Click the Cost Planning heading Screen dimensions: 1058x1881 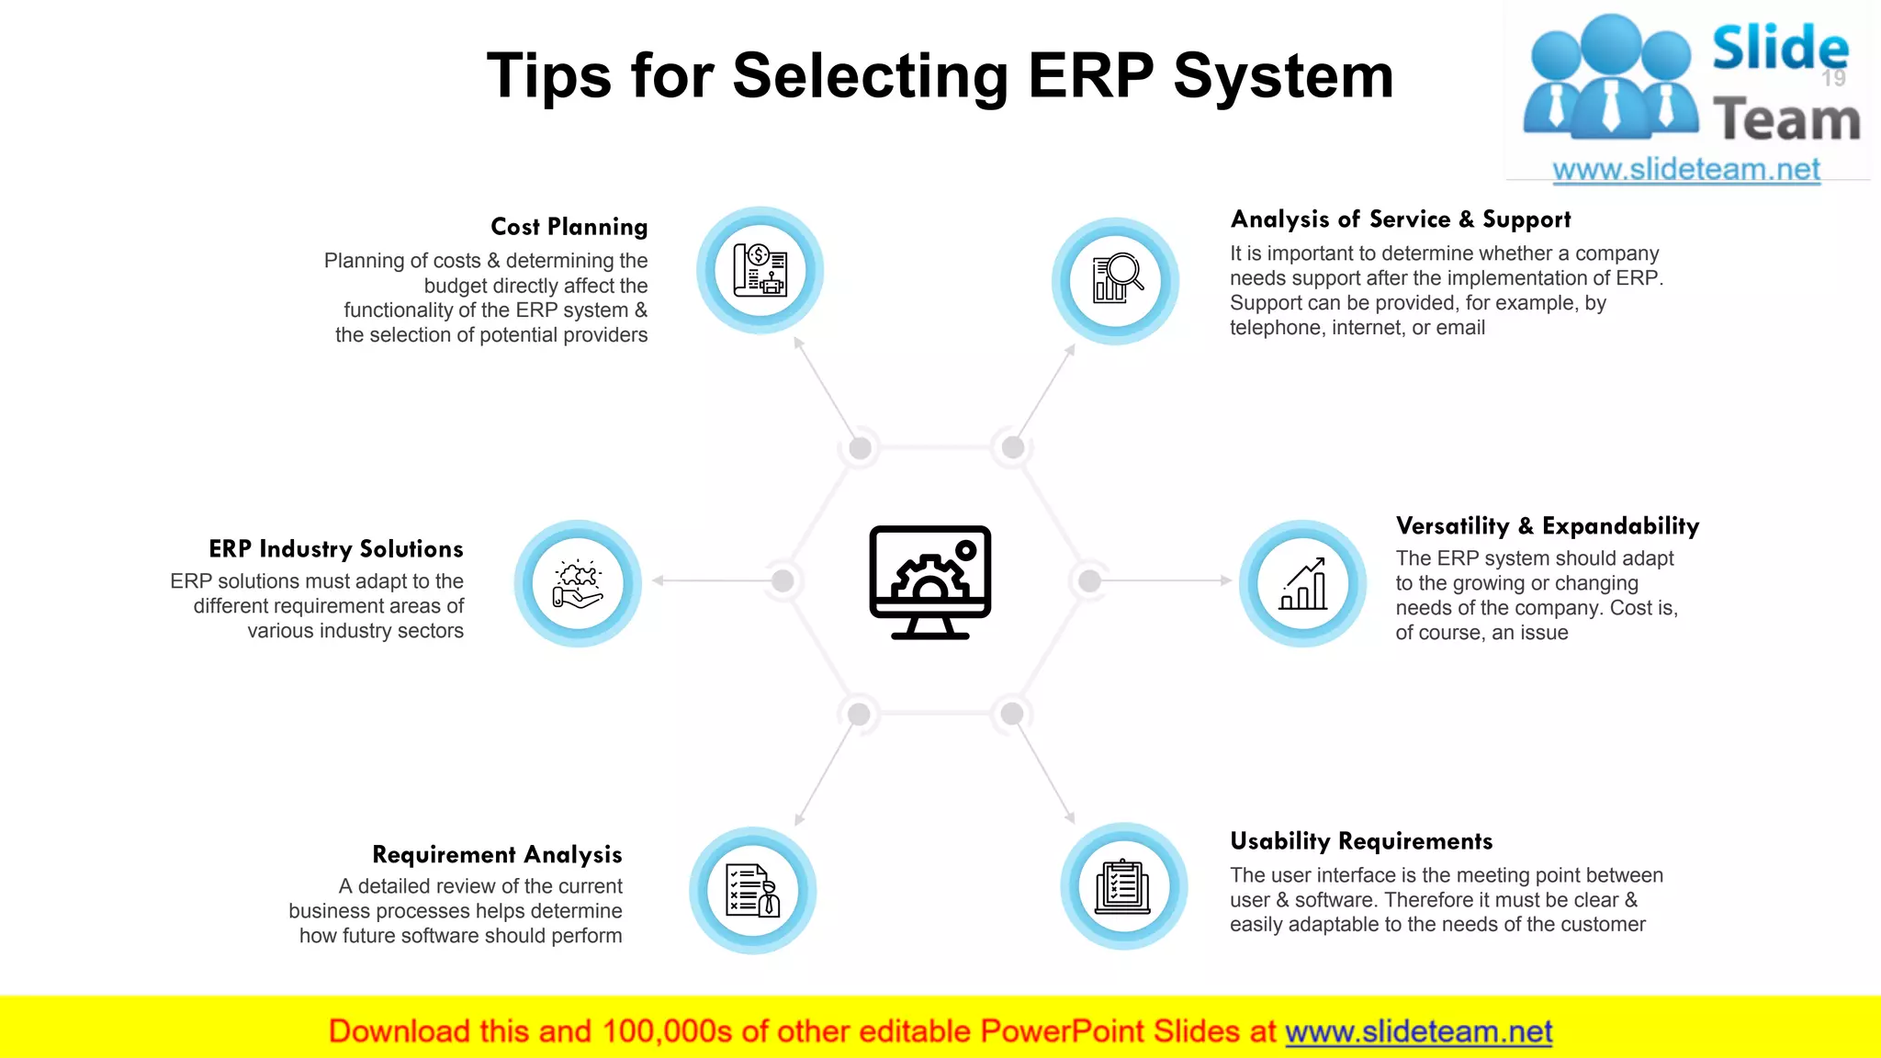569,227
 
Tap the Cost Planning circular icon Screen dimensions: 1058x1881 760,271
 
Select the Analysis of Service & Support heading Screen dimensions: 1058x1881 1400,219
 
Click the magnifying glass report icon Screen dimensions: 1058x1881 1116,280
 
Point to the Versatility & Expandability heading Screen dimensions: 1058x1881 1547,526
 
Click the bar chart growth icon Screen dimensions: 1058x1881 1302,584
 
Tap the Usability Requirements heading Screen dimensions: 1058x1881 1360,841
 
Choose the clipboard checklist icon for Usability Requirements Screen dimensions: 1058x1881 1123,887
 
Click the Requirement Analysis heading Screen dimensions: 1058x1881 497,855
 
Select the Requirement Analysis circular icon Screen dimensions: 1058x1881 752,890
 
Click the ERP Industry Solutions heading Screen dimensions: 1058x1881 335,549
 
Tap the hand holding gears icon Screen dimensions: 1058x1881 578,584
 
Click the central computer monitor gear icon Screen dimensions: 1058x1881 929,582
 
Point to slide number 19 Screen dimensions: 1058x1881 1833,79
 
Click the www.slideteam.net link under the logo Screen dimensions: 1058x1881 1685,170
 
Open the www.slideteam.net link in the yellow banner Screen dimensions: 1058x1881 1418,1032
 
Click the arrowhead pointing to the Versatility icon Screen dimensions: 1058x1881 1225,580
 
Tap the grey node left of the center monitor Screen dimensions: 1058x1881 783,580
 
